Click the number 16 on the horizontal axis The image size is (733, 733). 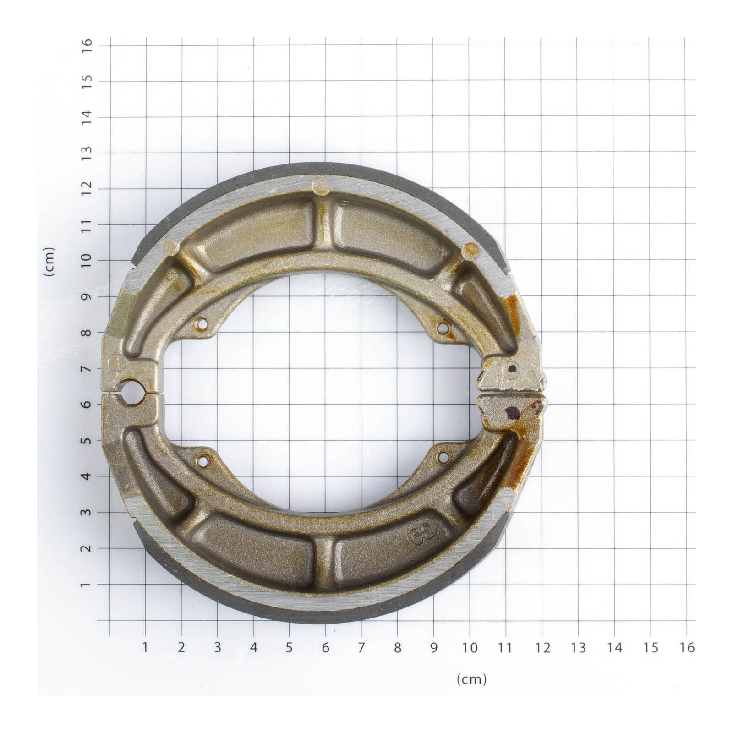coord(687,647)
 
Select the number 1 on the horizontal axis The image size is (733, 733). coord(146,647)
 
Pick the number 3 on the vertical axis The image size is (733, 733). coord(87,512)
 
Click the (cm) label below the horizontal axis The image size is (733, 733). coord(471,679)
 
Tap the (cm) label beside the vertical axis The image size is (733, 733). coord(49,261)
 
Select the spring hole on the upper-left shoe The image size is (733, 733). coord(201,324)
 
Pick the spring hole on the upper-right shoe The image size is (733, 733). coord(443,328)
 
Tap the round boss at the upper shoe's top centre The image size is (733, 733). coord(321,186)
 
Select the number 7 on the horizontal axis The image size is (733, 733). coord(361,647)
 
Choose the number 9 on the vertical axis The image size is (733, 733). coord(87,296)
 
